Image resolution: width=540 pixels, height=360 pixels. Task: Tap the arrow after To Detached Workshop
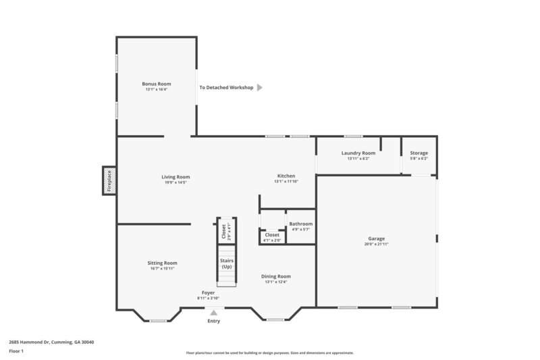click(260, 87)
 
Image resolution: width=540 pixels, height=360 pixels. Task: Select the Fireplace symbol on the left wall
click(108, 181)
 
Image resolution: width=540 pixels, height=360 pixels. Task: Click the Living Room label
click(175, 176)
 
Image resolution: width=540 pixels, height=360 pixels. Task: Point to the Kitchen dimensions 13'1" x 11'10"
click(286, 182)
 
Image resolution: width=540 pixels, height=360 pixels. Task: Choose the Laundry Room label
click(358, 153)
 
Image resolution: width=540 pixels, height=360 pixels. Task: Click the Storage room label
click(418, 153)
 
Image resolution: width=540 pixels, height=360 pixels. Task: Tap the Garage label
click(376, 238)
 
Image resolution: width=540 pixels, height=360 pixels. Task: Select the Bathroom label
click(301, 224)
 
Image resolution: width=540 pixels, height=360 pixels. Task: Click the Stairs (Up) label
click(226, 263)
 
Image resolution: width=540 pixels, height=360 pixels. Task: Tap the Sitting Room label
click(163, 263)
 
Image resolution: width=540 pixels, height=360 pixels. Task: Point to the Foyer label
click(209, 292)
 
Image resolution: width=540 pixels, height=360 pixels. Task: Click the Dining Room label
click(276, 276)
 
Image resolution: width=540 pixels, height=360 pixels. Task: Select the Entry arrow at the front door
click(214, 312)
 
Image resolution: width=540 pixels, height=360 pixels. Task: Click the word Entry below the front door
click(214, 321)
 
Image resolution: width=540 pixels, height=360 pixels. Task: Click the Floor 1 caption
click(16, 352)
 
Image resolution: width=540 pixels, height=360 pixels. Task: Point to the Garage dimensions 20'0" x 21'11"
click(376, 244)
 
